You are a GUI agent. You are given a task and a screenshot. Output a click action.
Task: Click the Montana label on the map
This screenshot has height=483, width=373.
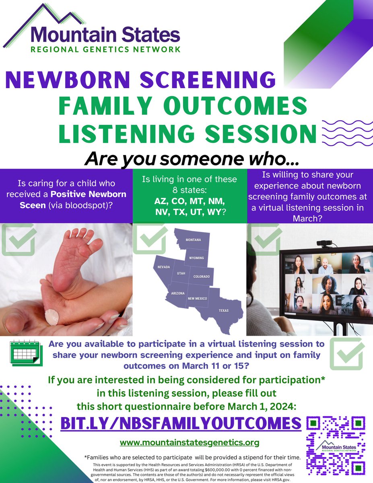pos(193,240)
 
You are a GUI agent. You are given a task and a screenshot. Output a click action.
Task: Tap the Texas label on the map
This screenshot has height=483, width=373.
pos(223,310)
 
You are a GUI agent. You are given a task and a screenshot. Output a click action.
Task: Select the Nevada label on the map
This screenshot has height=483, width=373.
pos(163,267)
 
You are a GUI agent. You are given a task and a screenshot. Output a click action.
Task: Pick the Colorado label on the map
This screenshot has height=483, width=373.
pos(201,277)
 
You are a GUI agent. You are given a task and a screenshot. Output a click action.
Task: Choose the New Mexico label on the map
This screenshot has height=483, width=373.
pos(197,298)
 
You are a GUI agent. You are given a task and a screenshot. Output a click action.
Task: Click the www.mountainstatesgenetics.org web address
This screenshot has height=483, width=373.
pos(190,443)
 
